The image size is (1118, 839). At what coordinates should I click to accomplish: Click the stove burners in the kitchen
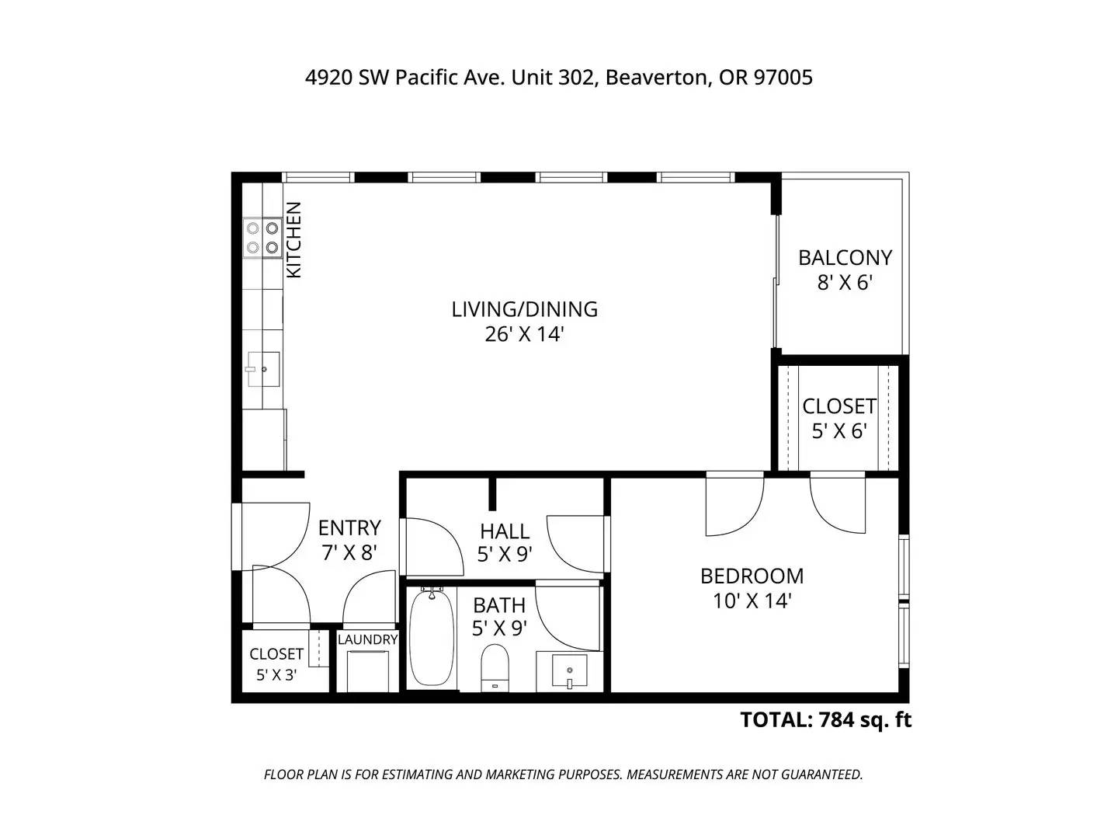click(262, 238)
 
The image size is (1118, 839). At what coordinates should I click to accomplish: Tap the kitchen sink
click(263, 369)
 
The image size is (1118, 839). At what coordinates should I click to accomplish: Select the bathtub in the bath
click(432, 637)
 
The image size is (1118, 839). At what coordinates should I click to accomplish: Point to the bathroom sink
click(569, 672)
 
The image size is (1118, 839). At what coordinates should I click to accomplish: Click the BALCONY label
click(845, 258)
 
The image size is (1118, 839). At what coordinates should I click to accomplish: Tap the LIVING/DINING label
click(525, 309)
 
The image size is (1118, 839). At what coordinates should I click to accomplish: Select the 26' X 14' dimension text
click(525, 335)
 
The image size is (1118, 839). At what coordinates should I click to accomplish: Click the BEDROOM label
click(752, 576)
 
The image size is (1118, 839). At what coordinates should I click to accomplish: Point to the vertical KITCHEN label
click(294, 240)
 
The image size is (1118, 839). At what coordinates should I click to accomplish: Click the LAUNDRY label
click(367, 639)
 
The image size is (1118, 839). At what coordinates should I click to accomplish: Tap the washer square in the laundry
click(367, 670)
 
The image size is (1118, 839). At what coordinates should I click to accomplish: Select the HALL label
click(505, 531)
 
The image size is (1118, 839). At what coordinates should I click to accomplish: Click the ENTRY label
click(349, 527)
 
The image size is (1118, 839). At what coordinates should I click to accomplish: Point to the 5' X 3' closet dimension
click(276, 675)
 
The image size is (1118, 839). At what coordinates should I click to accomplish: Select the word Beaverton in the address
click(658, 78)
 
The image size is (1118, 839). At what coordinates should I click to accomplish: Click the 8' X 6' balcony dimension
click(845, 283)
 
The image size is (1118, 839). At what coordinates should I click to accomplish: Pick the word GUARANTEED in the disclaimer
click(821, 775)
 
